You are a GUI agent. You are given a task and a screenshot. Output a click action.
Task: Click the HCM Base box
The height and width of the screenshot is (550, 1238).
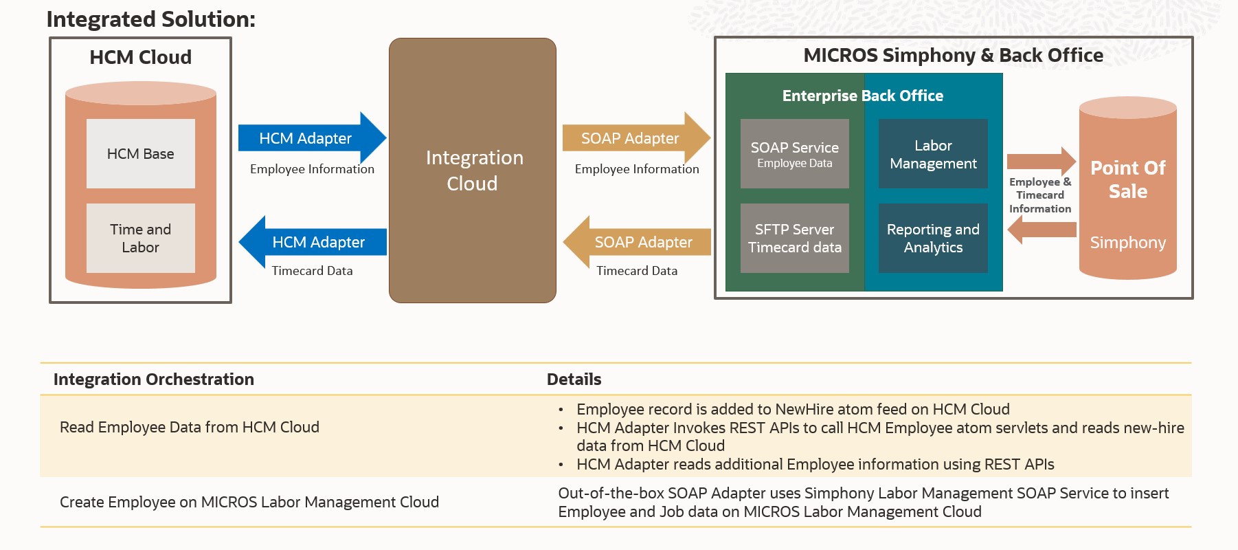tap(140, 153)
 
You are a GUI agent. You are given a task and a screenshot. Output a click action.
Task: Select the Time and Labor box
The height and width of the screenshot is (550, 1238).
tap(140, 238)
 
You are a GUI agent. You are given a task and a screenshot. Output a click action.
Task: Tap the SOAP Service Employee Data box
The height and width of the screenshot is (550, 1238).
tap(794, 153)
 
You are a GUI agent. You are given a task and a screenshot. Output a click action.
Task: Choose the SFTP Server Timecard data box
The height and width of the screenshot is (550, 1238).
tap(794, 238)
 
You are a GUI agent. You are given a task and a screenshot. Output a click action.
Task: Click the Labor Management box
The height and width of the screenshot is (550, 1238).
tap(933, 153)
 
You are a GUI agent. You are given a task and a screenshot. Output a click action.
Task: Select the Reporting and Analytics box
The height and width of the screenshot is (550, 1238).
tap(933, 238)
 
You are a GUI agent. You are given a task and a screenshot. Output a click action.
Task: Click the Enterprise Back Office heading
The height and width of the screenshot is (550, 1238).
tap(862, 96)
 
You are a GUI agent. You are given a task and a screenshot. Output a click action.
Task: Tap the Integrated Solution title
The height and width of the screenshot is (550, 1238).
tap(150, 19)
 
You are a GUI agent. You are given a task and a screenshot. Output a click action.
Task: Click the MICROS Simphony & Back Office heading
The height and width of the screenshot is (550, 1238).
tap(953, 55)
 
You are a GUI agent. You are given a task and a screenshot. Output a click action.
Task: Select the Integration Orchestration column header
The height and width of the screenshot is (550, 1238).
tap(153, 379)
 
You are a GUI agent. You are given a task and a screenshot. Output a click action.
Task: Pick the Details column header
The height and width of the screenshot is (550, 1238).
tap(574, 379)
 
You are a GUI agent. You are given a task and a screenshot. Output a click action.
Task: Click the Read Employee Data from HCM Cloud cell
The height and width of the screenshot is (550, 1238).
tap(189, 427)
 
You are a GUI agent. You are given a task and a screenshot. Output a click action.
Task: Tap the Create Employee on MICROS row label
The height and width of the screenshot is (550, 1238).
tap(249, 502)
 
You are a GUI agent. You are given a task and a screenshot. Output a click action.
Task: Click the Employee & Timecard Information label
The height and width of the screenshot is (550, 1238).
tap(1039, 195)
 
